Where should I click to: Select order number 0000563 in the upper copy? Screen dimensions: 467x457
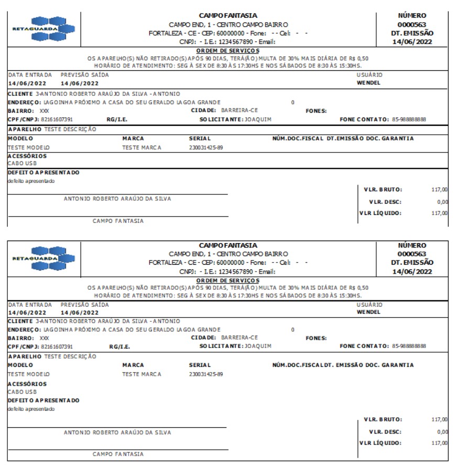click(x=412, y=24)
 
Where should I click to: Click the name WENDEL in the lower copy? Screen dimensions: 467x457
click(x=368, y=312)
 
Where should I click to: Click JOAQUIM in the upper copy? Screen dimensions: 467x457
click(x=256, y=119)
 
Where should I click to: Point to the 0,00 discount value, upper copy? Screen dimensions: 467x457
click(x=442, y=202)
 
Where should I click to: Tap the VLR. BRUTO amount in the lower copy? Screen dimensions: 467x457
click(x=440, y=419)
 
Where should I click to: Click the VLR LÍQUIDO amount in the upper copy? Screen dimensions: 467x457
click(x=440, y=213)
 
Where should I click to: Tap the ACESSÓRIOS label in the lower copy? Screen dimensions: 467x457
click(x=27, y=384)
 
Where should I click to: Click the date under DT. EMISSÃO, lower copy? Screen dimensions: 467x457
click(x=412, y=271)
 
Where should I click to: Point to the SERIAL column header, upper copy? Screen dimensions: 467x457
click(x=199, y=138)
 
